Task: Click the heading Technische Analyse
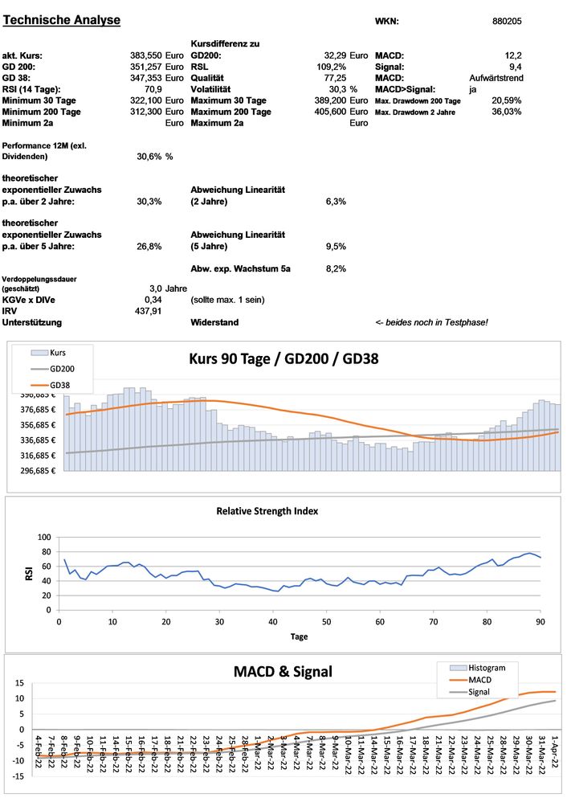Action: point(63,20)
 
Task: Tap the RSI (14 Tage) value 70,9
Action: point(152,89)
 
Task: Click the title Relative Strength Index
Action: point(267,510)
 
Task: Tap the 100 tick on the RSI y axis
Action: point(44,537)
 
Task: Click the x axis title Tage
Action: point(299,636)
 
